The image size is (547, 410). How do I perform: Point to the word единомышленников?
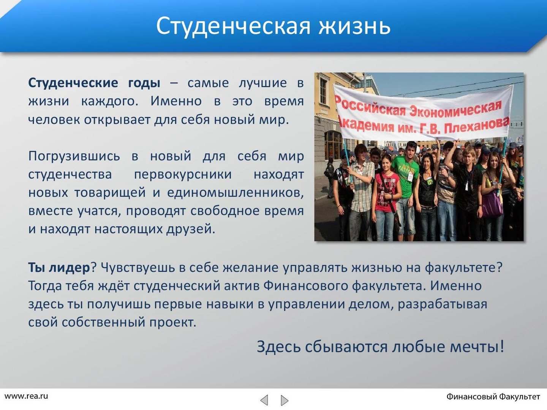(x=236, y=193)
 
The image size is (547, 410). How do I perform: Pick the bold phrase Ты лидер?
(x=59, y=268)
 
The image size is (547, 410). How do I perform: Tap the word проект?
(x=173, y=323)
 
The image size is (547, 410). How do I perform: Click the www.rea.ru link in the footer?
(x=26, y=396)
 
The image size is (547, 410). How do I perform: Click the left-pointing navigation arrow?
(x=264, y=400)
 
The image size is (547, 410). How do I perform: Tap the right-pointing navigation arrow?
(x=285, y=400)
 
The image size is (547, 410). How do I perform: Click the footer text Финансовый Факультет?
(x=493, y=397)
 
